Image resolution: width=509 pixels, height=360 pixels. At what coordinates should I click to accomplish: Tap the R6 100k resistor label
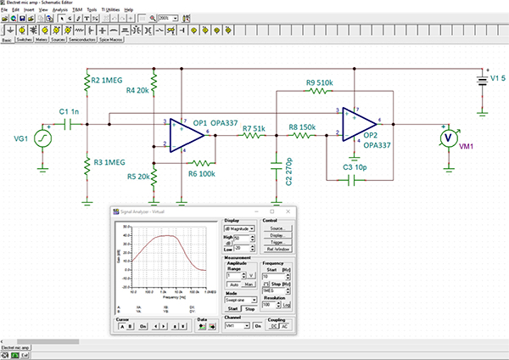[202, 173]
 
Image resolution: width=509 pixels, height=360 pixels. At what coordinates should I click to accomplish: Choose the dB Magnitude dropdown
[241, 229]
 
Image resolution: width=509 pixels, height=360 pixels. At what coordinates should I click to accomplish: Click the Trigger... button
[277, 242]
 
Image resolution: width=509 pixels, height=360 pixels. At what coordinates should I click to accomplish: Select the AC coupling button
[285, 326]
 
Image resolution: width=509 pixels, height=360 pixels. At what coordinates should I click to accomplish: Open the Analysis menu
[60, 9]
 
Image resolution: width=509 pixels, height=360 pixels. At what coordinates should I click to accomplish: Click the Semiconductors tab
[82, 38]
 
